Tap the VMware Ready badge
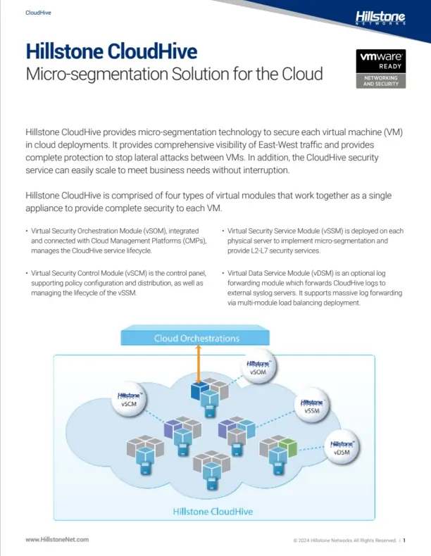click(381, 69)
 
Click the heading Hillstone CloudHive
click(111, 51)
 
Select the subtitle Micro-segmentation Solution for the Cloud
click(174, 74)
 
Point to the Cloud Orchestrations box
click(196, 338)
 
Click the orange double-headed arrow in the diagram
click(199, 365)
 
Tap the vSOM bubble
click(258, 366)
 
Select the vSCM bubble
click(130, 400)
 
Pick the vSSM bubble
click(313, 405)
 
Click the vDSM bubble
click(342, 447)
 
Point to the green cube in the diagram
click(287, 445)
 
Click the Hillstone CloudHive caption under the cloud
click(213, 511)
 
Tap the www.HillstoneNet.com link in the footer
click(57, 539)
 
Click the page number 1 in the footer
click(406, 540)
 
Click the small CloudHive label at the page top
click(38, 13)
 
